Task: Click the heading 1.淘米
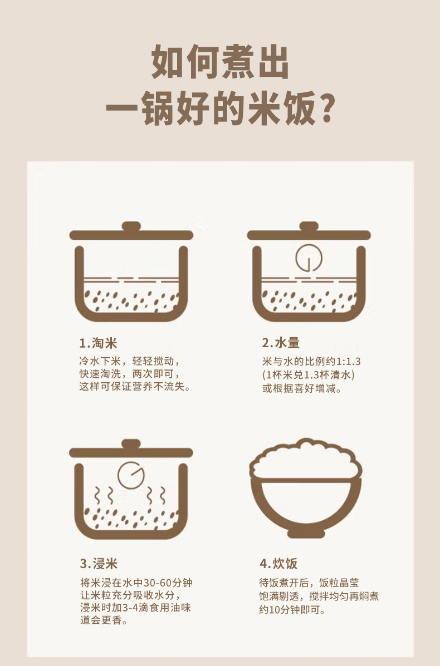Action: (98, 343)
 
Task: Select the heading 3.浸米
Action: (99, 563)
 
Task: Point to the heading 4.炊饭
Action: (278, 563)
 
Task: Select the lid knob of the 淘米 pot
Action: (131, 226)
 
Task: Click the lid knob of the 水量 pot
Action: (309, 226)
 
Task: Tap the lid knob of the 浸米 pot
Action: (131, 444)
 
